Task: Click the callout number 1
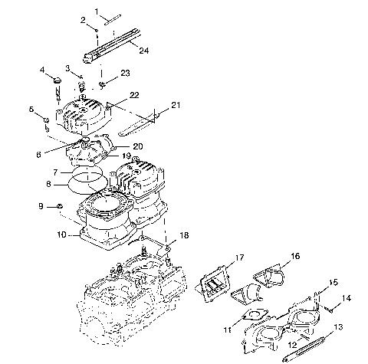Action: pos(97,11)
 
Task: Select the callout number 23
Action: pos(125,72)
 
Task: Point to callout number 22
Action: pos(134,95)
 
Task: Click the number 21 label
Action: pos(176,104)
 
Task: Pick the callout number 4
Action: pos(43,70)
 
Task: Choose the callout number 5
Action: pos(33,110)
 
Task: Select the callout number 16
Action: pos(294,257)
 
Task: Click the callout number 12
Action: pos(291,346)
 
